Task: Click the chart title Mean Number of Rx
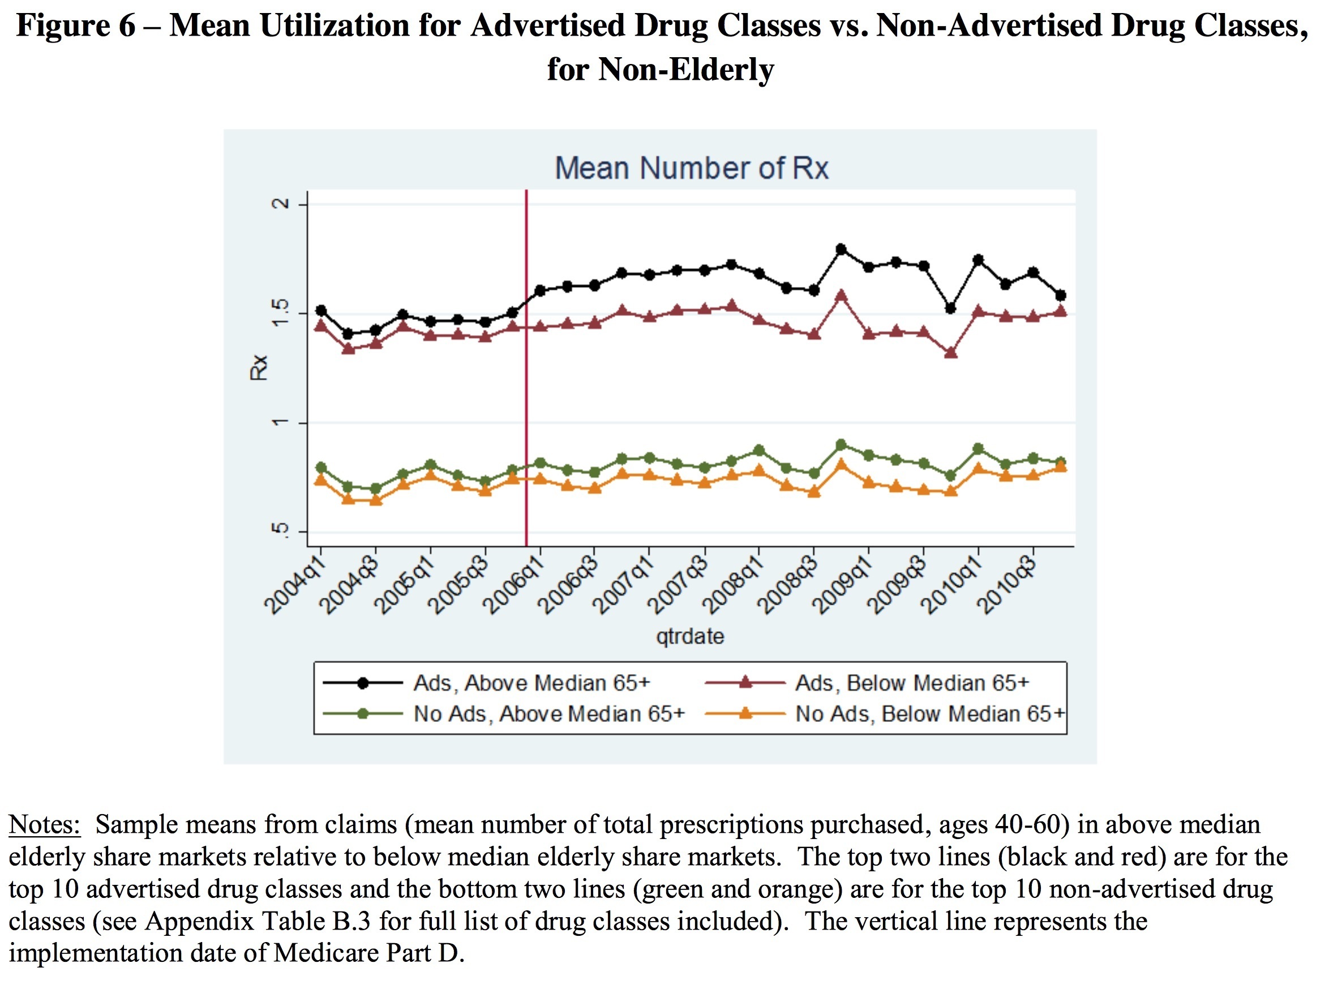[x=691, y=168]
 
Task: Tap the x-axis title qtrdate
[x=690, y=636]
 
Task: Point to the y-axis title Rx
[x=258, y=367]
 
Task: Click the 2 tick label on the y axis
[x=280, y=204]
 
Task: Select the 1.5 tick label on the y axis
[x=280, y=313]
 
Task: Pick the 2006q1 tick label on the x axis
[x=516, y=586]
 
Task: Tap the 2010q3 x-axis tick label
[x=1009, y=586]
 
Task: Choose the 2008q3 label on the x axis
[x=790, y=586]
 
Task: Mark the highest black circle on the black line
[x=841, y=250]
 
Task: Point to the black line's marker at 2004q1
[x=321, y=311]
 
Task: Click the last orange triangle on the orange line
[x=1061, y=467]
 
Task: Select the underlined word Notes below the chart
[x=44, y=825]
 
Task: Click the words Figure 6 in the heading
[x=76, y=25]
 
